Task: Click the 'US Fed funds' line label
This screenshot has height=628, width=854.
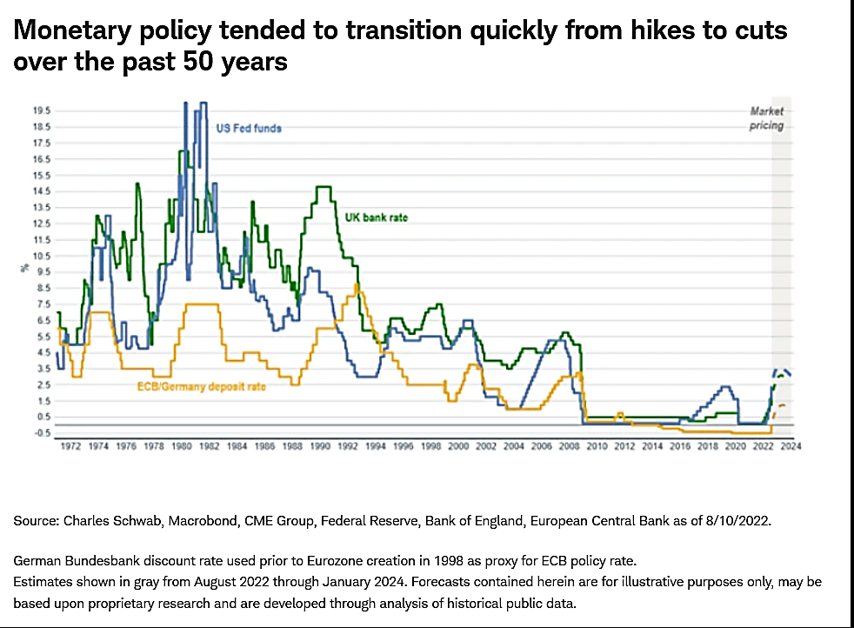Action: [249, 129]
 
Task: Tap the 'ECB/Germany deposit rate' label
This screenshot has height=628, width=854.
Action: [201, 385]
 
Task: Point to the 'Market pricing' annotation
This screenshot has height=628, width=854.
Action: [767, 118]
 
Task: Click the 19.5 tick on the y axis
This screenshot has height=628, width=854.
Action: [40, 111]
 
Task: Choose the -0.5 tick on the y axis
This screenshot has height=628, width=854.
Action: [40, 432]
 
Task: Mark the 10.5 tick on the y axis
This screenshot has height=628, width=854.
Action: [40, 256]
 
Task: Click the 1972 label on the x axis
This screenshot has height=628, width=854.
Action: [71, 446]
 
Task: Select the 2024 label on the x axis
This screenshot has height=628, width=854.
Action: [789, 446]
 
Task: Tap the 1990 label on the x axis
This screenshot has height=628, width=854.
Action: [319, 446]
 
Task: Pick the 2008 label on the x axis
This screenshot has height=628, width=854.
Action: [568, 446]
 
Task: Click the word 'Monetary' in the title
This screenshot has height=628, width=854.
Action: [70, 31]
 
